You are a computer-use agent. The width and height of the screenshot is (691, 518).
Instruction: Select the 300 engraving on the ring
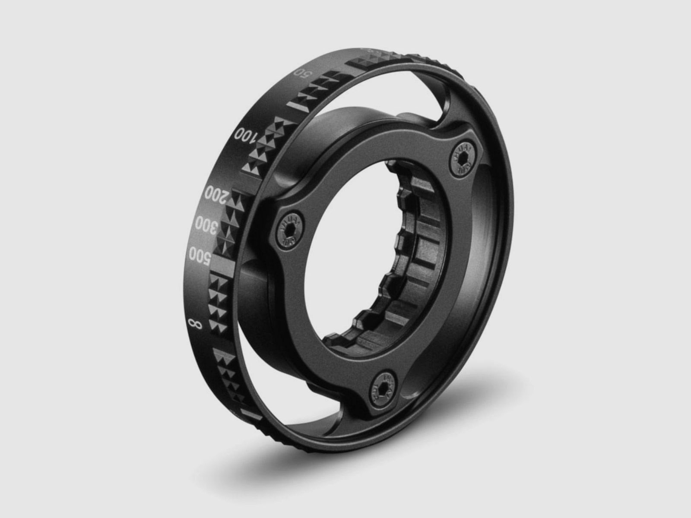click(x=206, y=225)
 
